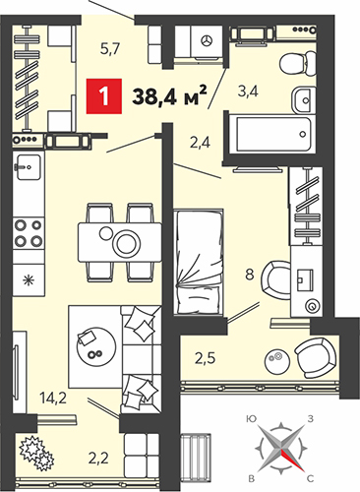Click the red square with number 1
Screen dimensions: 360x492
coord(104,96)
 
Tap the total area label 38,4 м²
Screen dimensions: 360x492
coord(169,95)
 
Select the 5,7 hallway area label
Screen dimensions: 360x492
coord(111,49)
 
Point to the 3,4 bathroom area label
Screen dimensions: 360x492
coord(248,92)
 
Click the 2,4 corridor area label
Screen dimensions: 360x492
coord(200,143)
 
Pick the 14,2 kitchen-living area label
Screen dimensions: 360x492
coord(53,398)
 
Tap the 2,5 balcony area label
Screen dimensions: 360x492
coord(206,358)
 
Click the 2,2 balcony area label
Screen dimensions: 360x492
coord(98,458)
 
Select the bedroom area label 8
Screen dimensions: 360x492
coord(250,275)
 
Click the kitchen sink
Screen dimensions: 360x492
coord(29,167)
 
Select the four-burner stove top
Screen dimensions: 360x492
coord(29,233)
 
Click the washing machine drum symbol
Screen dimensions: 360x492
coord(208,40)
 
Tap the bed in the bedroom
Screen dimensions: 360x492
coord(200,261)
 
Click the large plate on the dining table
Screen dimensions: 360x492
coord(127,243)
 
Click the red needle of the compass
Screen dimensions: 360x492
coord(291,460)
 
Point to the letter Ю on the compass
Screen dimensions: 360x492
coord(252,419)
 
